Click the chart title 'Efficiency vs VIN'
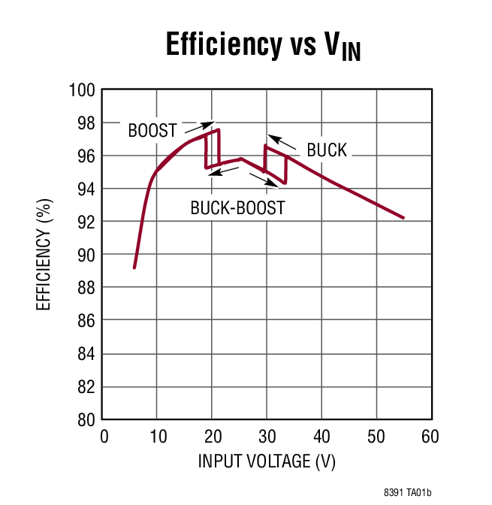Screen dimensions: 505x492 [262, 47]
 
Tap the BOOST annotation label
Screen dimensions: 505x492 [152, 130]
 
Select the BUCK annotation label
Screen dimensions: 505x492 [327, 150]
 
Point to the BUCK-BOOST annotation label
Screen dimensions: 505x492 [237, 208]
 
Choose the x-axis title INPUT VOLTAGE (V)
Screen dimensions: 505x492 [267, 461]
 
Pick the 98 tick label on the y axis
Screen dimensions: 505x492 [86, 123]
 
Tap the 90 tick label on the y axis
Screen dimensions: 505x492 [86, 255]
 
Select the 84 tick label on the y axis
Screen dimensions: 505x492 [86, 354]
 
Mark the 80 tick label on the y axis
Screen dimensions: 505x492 [86, 419]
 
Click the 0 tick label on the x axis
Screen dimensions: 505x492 [104, 437]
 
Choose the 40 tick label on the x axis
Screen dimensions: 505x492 [321, 437]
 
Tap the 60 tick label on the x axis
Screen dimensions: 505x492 [430, 437]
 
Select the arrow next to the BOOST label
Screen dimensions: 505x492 [202, 125]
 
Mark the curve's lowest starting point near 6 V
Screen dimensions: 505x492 [134, 267]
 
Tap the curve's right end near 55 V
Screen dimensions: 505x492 [403, 218]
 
